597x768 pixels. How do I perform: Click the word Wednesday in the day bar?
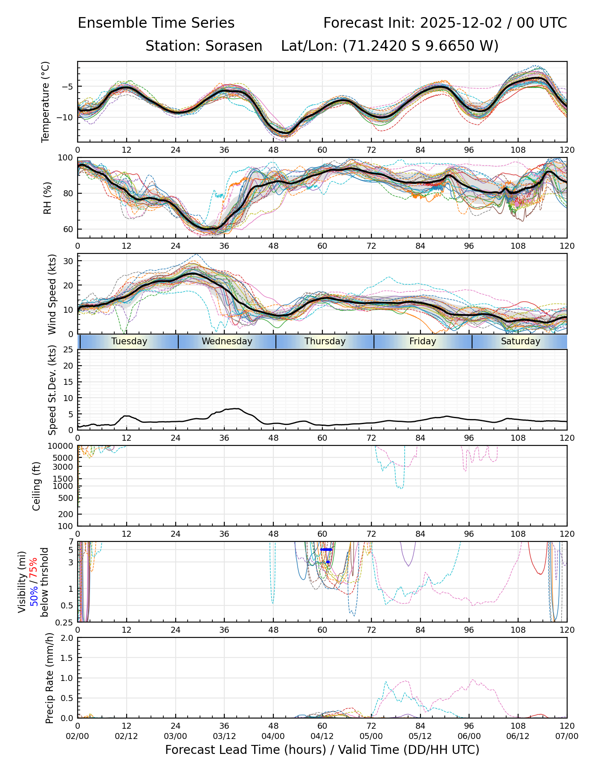coord(227,341)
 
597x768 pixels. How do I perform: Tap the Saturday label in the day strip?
coord(520,341)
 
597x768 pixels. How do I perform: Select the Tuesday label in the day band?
coord(129,341)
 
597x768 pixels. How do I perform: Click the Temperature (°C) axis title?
coord(46,102)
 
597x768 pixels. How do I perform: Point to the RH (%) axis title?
coord(47,198)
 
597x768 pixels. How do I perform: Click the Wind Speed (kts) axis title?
coord(52,294)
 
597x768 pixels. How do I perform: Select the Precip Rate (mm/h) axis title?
coord(50,678)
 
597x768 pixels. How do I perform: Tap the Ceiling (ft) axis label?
coord(37,486)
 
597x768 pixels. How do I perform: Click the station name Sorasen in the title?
coord(234,46)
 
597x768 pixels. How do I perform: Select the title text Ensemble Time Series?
coord(156,23)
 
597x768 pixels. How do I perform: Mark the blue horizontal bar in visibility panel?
coord(326,550)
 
